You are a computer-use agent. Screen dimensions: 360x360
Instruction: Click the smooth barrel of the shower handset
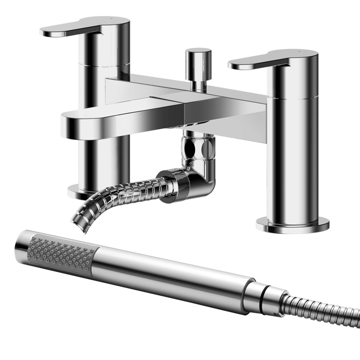click(172, 272)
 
